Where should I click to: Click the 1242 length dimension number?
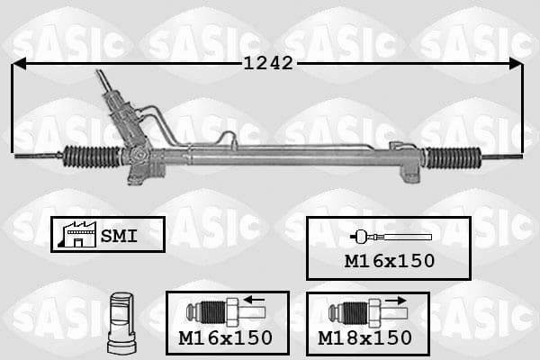pyautogui.click(x=268, y=63)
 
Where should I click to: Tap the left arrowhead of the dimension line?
pyautogui.click(x=19, y=63)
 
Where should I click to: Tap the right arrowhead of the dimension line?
pyautogui.click(x=516, y=64)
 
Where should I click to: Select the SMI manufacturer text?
pyautogui.click(x=119, y=236)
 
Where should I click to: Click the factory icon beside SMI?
pyautogui.click(x=77, y=234)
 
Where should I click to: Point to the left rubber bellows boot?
pyautogui.click(x=92, y=157)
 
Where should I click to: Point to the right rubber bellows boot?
pyautogui.click(x=454, y=158)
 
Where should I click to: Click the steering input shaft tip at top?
pyautogui.click(x=99, y=71)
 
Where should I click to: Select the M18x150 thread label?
pyautogui.click(x=364, y=338)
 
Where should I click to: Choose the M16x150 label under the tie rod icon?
pyautogui.click(x=390, y=261)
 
